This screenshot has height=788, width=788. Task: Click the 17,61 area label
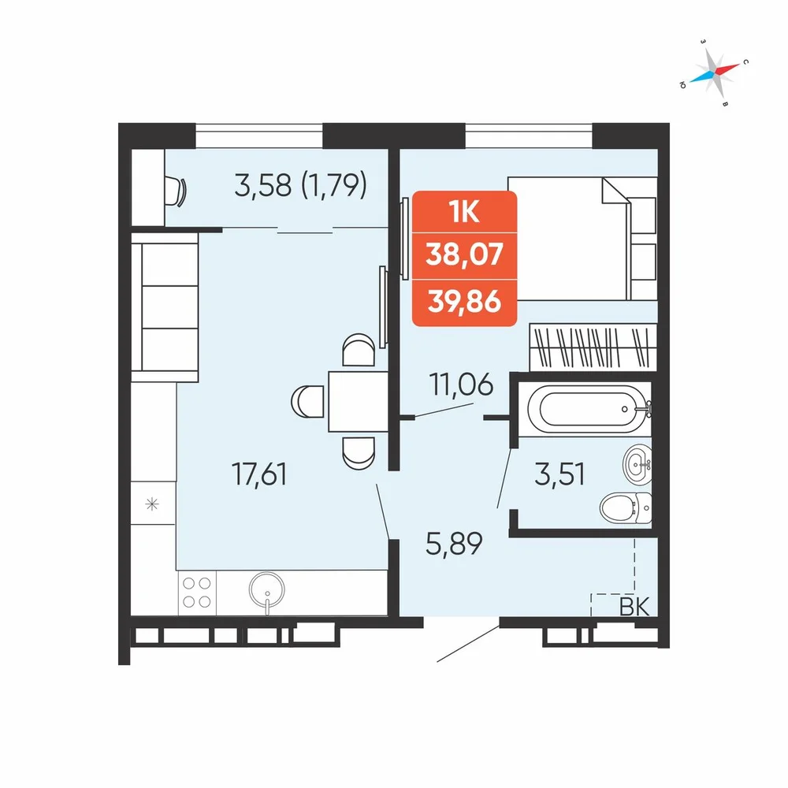point(259,474)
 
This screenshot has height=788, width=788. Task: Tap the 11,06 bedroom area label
point(461,385)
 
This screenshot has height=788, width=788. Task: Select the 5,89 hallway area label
point(454,543)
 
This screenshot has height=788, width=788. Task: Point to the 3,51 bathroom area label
point(559,474)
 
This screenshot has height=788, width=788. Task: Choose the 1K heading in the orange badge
point(465,213)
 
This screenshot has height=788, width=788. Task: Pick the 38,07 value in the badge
point(464,255)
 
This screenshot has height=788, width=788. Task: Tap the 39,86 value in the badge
point(464,302)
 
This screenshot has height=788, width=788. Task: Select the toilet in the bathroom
point(626,507)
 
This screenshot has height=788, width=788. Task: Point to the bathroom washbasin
point(637,465)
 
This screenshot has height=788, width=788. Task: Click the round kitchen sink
point(267,590)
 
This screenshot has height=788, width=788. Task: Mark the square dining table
point(358,402)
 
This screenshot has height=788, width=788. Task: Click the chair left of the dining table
point(307,401)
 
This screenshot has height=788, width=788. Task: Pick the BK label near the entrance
point(634,607)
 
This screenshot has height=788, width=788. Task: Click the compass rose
point(715,72)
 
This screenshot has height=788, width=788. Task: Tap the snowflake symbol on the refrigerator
point(152,504)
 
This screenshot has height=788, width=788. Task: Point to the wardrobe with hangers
point(593,346)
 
